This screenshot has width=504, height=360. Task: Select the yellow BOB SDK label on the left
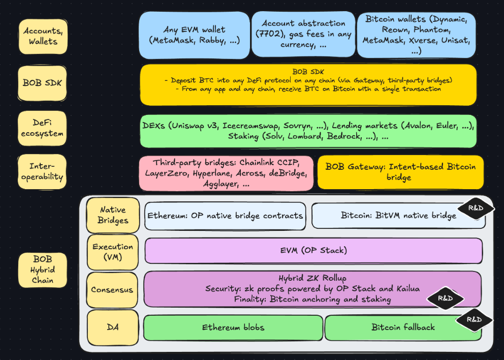click(x=43, y=83)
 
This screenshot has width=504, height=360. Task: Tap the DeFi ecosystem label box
click(x=43, y=128)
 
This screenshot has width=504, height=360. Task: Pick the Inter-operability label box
click(x=43, y=172)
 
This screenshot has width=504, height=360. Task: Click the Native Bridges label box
click(x=113, y=215)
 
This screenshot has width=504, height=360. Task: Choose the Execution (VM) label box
click(x=113, y=252)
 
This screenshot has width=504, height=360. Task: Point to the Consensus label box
click(x=112, y=290)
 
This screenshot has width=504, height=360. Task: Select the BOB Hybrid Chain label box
click(x=43, y=269)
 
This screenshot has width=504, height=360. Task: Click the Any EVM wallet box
click(x=195, y=35)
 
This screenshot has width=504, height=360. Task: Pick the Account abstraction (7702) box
click(x=303, y=34)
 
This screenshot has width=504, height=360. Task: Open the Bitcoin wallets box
click(x=416, y=35)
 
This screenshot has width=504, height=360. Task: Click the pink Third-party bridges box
click(x=226, y=173)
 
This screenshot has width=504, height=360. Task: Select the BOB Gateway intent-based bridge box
click(x=400, y=172)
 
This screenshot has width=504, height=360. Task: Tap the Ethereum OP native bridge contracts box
click(x=225, y=215)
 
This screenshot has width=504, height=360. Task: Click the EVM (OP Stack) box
click(x=313, y=251)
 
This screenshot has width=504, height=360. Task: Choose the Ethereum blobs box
click(x=233, y=327)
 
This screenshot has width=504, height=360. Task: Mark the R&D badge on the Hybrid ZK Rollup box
click(x=445, y=298)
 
